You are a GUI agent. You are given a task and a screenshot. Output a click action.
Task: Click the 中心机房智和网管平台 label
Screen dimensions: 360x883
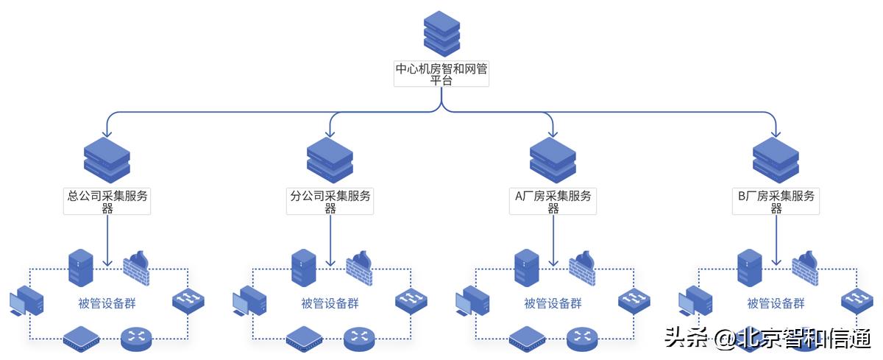point(441,75)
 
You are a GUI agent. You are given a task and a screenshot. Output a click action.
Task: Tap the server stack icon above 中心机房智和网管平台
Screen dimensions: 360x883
point(441,33)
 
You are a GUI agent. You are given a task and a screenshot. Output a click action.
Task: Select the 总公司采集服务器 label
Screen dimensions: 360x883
point(107,202)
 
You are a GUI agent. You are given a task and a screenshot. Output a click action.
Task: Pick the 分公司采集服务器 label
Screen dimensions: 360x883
point(330,202)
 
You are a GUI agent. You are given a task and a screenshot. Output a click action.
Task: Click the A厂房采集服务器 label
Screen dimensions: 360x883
point(553,202)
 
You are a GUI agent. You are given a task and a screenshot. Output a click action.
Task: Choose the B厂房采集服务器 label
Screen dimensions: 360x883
point(776,202)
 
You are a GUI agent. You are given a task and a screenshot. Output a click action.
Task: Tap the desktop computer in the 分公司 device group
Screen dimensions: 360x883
point(249,303)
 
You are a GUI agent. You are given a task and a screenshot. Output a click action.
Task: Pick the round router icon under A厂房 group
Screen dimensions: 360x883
point(584,338)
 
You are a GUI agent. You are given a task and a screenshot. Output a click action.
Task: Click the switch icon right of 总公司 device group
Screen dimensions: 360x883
point(188,300)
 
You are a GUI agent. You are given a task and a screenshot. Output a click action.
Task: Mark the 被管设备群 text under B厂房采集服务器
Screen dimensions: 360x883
point(776,303)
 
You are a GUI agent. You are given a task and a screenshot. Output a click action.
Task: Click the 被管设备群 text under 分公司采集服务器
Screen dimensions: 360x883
point(330,303)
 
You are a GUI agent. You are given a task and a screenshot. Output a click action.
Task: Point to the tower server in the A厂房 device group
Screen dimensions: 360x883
point(527,267)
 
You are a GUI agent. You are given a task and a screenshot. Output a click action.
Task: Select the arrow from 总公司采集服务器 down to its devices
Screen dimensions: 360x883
point(108,240)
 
